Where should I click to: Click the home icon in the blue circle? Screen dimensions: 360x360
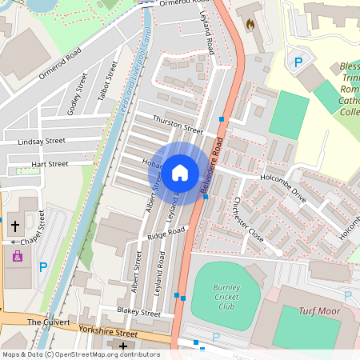tap(180, 172)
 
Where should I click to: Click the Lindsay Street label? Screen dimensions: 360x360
tap(42, 141)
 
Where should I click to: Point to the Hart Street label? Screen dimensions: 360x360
tap(50, 163)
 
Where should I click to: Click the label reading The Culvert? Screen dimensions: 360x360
tap(44, 321)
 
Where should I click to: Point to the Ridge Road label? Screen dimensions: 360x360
tap(166, 232)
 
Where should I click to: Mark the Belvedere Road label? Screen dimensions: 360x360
tap(210, 167)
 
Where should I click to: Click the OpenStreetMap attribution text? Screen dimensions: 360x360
tap(80, 354)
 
